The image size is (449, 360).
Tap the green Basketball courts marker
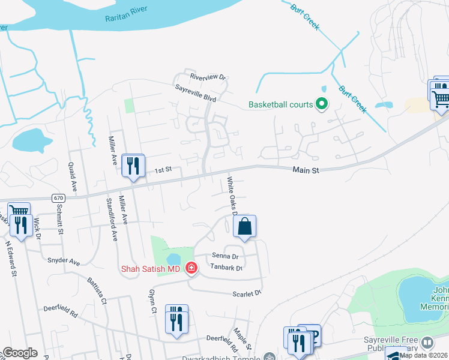click(321, 105)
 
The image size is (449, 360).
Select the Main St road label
click(306, 171)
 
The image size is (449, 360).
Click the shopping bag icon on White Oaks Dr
click(244, 227)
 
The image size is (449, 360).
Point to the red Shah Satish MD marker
click(191, 268)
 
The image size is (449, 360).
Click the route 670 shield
click(58, 197)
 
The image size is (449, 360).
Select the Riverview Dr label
click(207, 77)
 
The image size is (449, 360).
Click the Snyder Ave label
click(64, 262)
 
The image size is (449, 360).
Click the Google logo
click(20, 352)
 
